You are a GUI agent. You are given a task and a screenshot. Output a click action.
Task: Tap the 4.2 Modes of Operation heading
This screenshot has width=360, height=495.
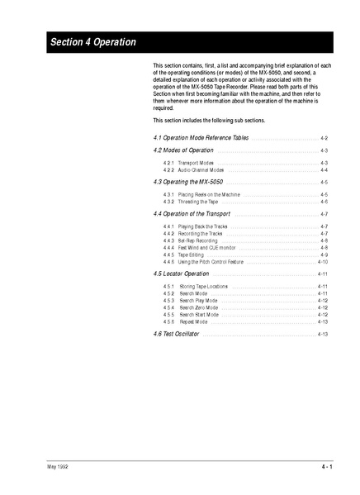[183, 150]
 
